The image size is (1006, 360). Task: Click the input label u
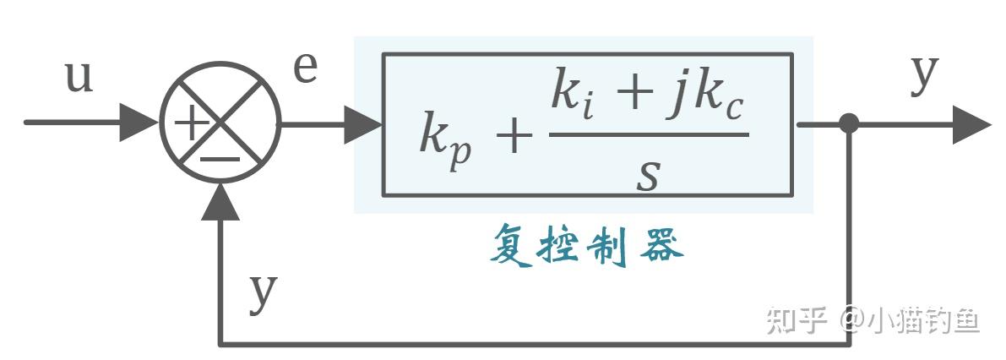click(79, 79)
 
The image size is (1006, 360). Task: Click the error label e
click(306, 69)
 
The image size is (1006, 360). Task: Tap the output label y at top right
click(925, 74)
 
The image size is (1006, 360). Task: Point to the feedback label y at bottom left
click(264, 292)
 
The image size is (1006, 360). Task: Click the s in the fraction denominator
click(647, 173)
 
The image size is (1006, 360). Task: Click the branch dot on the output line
click(849, 123)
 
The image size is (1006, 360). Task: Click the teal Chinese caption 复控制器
click(586, 247)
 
